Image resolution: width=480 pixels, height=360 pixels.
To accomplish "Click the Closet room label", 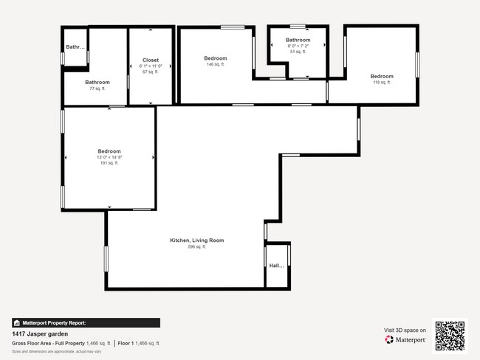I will click(151, 60).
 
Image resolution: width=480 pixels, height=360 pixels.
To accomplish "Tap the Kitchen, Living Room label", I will click(196, 240).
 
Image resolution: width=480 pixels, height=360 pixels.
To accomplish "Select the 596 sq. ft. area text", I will click(196, 247).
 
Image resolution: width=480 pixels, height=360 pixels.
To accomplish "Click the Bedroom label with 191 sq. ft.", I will click(109, 150).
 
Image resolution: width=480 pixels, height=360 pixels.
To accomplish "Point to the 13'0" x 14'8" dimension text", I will click(109, 157).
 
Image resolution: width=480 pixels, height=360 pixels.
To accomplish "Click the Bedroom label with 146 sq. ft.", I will click(215, 58).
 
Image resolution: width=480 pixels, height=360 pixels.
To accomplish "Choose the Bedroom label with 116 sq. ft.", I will click(382, 76).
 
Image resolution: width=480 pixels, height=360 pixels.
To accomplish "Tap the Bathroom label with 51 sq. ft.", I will click(298, 40).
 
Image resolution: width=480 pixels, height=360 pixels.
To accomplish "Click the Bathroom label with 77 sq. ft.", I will click(97, 82).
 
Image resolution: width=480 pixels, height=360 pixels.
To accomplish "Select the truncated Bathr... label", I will click(75, 47).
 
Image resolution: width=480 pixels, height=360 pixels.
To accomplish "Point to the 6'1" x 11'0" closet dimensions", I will click(151, 66).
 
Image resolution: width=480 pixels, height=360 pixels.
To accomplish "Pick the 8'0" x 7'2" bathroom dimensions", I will click(298, 46).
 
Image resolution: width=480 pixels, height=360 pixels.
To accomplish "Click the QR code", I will click(450, 335).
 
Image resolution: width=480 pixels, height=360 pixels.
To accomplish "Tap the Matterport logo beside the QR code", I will click(405, 340).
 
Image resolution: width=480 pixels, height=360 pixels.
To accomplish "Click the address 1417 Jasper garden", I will click(40, 333).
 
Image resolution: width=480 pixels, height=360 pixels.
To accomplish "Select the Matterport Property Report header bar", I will click(86, 322).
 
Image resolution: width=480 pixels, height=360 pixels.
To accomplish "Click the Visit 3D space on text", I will click(405, 330).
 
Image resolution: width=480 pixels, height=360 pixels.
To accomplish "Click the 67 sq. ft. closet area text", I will click(151, 72).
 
